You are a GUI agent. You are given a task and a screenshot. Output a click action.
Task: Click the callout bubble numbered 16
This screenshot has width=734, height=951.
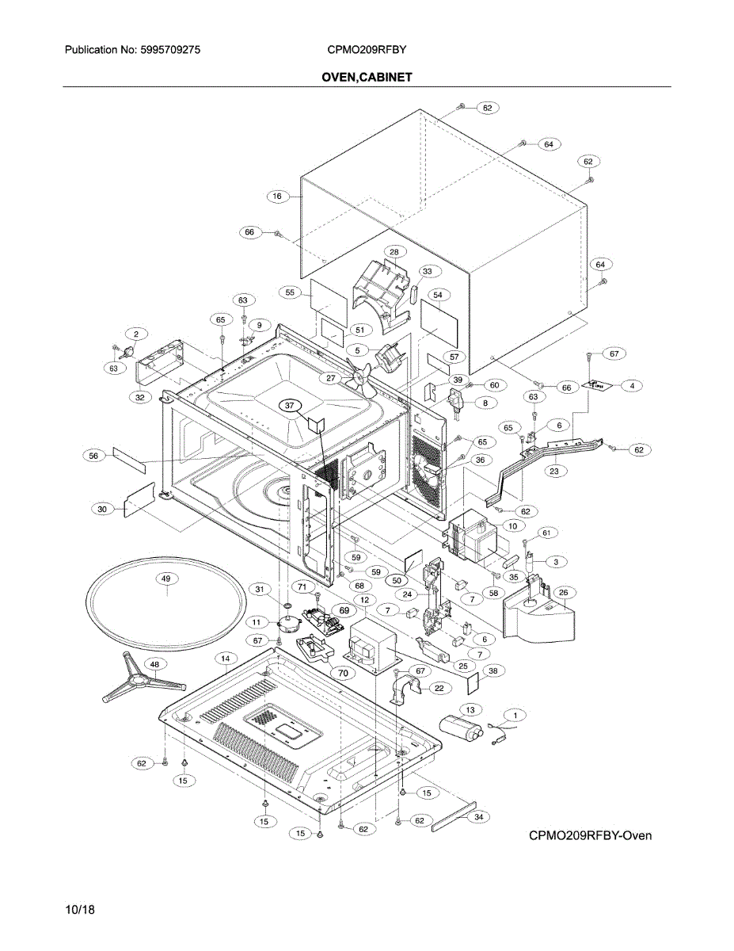click(277, 196)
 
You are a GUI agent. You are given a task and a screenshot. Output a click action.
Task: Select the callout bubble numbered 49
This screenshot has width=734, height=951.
click(166, 579)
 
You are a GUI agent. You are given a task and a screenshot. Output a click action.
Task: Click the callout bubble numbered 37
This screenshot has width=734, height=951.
click(290, 405)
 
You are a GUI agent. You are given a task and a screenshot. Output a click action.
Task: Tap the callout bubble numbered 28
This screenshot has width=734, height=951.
click(394, 251)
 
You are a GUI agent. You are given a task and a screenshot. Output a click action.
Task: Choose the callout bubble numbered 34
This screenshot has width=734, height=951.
click(477, 815)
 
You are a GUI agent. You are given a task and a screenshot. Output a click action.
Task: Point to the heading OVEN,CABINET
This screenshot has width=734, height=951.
click(367, 77)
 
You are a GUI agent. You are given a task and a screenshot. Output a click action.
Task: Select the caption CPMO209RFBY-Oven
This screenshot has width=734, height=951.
click(591, 836)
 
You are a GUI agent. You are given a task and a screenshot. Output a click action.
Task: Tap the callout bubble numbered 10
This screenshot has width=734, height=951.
click(512, 525)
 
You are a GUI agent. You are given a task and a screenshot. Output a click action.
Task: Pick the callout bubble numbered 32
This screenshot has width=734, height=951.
click(139, 397)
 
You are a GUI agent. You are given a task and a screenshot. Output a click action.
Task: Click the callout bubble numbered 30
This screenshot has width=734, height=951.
click(102, 510)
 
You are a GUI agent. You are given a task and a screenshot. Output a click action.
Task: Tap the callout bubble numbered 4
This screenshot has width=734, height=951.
click(632, 385)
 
